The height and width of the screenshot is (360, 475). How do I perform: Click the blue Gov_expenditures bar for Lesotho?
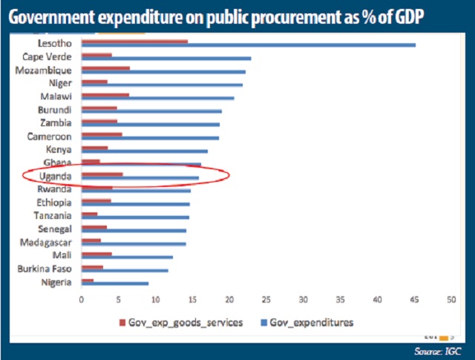(x=248, y=45)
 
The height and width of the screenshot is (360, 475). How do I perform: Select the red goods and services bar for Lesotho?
(x=134, y=42)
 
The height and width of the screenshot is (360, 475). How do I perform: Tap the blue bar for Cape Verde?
(x=166, y=58)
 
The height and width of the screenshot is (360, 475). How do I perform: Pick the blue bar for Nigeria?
(x=114, y=284)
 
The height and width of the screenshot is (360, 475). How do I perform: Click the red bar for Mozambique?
(x=105, y=68)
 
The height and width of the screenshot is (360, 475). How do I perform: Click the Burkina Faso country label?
(x=45, y=269)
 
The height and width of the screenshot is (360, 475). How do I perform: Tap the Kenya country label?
(x=59, y=149)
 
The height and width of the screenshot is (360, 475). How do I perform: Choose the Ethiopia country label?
(x=54, y=202)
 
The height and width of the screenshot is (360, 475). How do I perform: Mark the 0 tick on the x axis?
(x=82, y=299)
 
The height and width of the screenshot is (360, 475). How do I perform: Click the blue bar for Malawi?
(x=157, y=98)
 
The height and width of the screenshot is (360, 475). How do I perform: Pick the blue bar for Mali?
(x=127, y=258)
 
